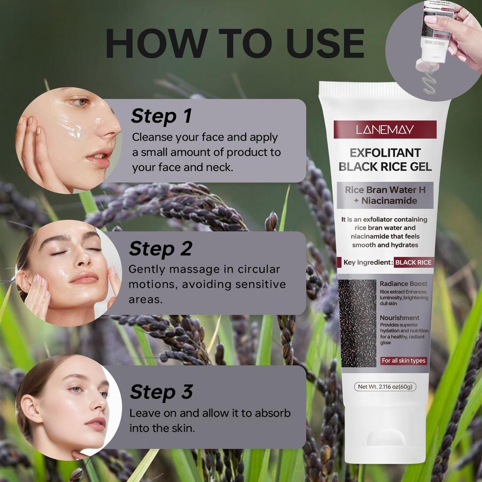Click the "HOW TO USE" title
pyautogui.click(x=234, y=44)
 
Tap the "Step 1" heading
pyautogui.click(x=161, y=116)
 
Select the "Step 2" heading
pyautogui.click(x=161, y=249)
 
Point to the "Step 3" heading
pyautogui.click(x=161, y=392)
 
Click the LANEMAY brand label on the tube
pyautogui.click(x=385, y=129)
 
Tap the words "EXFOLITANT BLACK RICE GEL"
pyautogui.click(x=385, y=160)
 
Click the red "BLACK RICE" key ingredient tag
pyautogui.click(x=413, y=262)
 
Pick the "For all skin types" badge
pyautogui.click(x=403, y=361)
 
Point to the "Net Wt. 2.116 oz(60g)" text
pyautogui.click(x=385, y=387)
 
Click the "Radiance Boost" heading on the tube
pyautogui.click(x=403, y=284)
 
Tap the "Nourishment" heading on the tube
pyautogui.click(x=400, y=318)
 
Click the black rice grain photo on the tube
pyautogui.click(x=357, y=323)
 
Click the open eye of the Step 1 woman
pyautogui.click(x=81, y=102)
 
